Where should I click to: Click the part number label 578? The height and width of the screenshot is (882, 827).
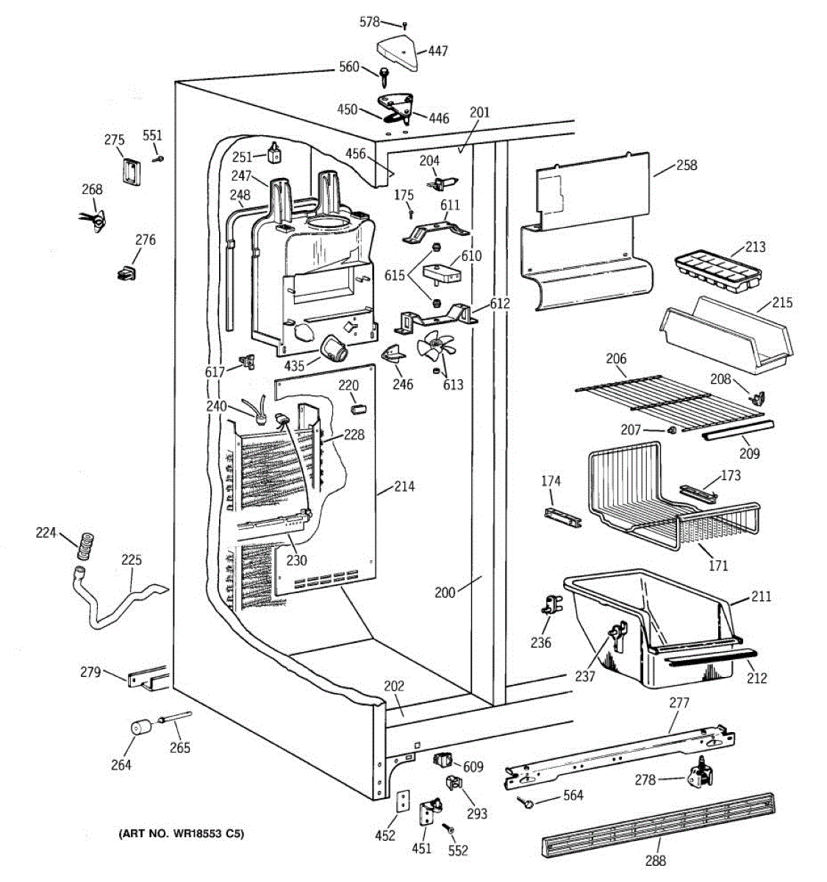(369, 22)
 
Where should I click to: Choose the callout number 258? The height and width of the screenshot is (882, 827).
(686, 165)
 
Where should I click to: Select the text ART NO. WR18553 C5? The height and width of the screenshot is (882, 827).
(181, 834)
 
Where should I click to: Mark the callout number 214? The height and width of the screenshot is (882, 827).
(404, 487)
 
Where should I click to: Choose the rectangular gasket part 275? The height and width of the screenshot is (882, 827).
(131, 173)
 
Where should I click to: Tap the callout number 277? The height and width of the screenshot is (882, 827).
(679, 703)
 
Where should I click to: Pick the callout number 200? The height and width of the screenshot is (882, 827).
(445, 592)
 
